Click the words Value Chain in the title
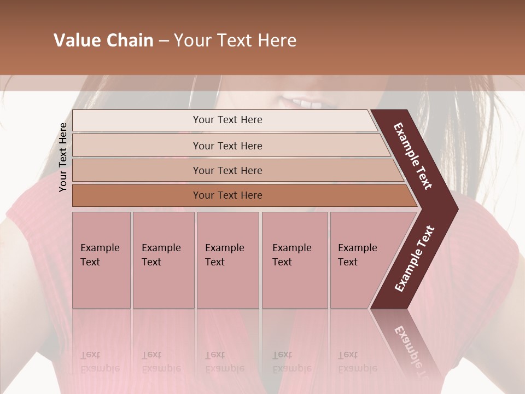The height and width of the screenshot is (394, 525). tap(103, 40)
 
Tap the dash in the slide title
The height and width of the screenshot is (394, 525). tap(164, 41)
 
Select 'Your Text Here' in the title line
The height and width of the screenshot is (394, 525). tap(235, 40)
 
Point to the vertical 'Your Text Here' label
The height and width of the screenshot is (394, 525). tap(63, 157)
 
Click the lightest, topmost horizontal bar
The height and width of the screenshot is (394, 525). tap(227, 120)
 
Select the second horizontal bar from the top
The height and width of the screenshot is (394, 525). tap(227, 146)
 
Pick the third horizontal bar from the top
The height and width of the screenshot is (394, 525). tap(227, 170)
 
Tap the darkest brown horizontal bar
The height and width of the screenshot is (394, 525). tap(227, 195)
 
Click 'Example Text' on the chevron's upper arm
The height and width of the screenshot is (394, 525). tap(413, 156)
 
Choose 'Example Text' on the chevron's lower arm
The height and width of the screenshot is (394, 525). tap(415, 259)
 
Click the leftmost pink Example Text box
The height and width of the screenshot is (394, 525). tap(101, 260)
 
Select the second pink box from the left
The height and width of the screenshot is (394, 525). tap(163, 260)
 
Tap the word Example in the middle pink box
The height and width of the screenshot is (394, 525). tap(224, 248)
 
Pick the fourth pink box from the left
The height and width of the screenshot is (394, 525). tap(294, 260)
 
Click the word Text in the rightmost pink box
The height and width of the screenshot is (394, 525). tap(348, 262)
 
